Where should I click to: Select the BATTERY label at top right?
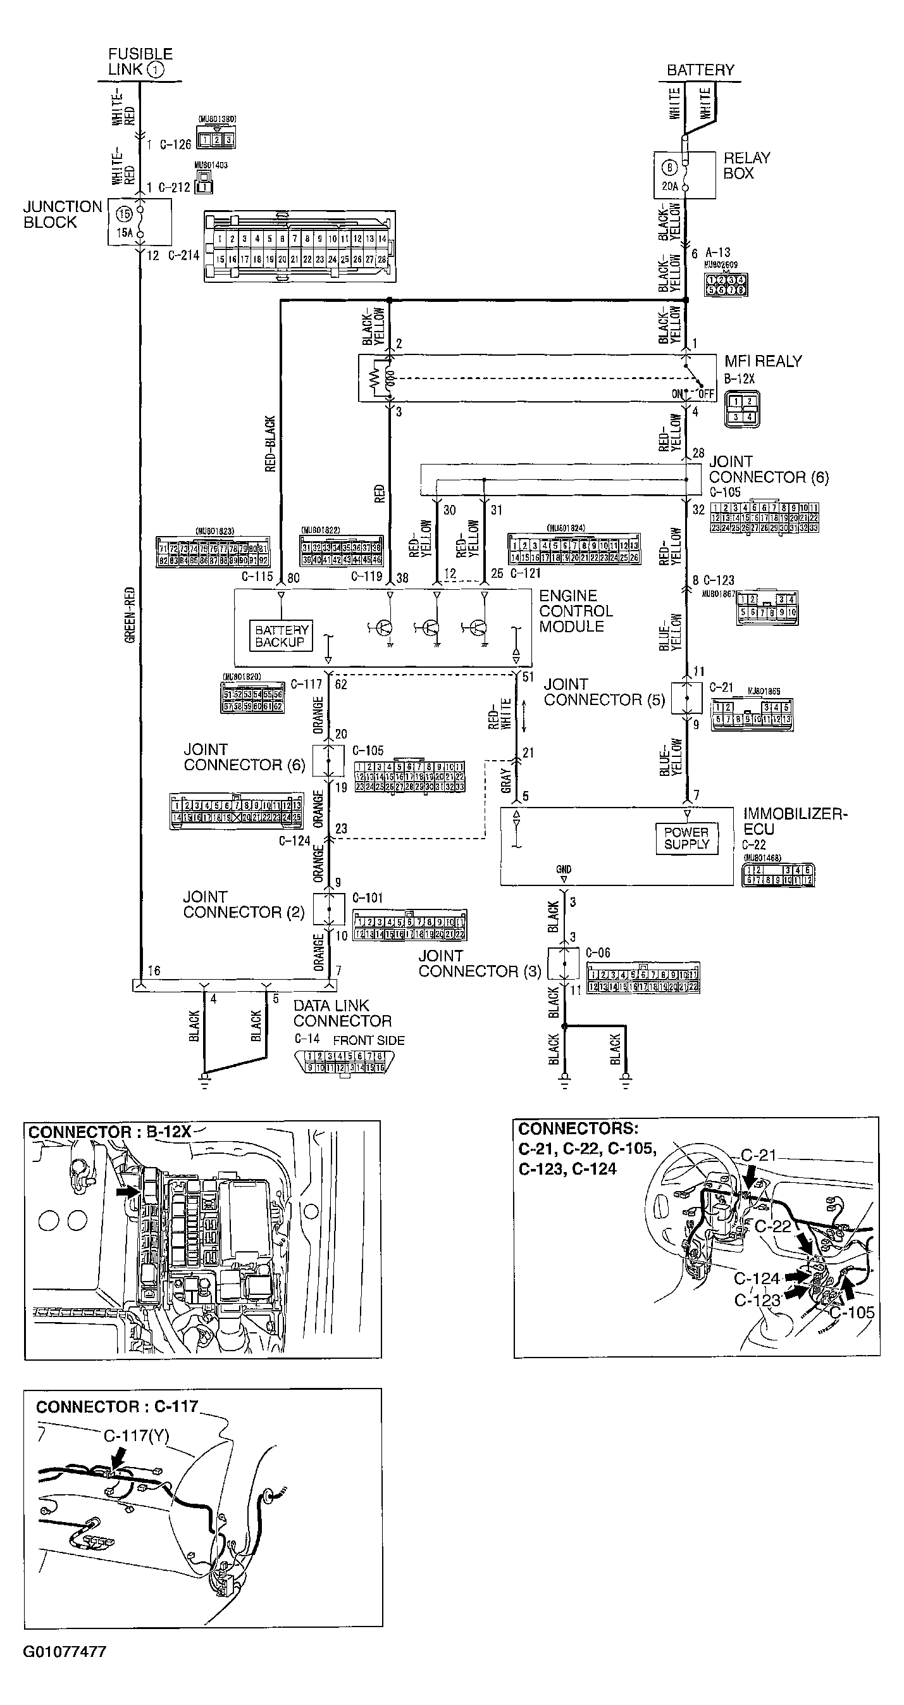[x=700, y=70]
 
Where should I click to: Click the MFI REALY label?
[x=762, y=361]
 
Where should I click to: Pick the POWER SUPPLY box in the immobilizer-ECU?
[x=686, y=838]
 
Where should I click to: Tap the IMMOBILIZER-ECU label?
[x=794, y=821]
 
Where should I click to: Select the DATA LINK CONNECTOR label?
[x=342, y=1013]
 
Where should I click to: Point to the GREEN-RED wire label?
[x=130, y=615]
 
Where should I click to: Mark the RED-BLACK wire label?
[x=270, y=444]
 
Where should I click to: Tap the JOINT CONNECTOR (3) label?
[x=479, y=963]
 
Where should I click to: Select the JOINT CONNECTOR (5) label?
[x=604, y=692]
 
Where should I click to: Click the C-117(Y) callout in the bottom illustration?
[x=135, y=1436]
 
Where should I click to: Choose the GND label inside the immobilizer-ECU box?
[x=564, y=869]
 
